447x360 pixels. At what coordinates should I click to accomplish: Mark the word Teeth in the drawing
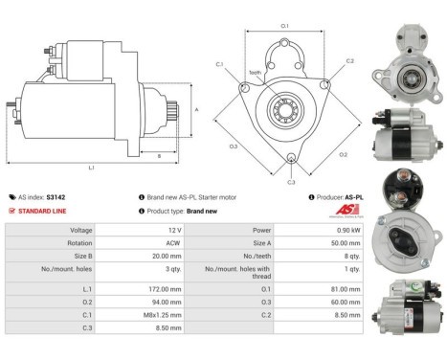[255, 74]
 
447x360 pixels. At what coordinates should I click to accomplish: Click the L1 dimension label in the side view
[92, 168]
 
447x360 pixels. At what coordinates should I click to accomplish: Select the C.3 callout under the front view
[291, 181]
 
